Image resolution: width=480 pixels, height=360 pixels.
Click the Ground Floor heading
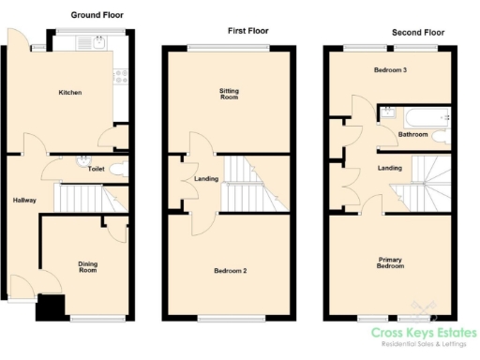pos(97,15)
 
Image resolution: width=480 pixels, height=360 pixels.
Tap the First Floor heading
pos(247,31)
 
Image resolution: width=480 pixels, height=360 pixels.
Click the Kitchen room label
pos(70,93)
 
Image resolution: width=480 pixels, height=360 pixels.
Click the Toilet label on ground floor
pos(96,170)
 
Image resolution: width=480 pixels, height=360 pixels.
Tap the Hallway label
pos(24,201)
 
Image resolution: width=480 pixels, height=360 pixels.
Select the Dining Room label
pos(87,267)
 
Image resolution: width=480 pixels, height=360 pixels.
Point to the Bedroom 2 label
pos(230,271)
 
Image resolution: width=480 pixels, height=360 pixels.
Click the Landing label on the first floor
pos(206,179)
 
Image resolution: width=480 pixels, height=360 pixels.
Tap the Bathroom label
pos(412,135)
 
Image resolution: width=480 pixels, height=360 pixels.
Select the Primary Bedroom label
pos(391,262)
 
